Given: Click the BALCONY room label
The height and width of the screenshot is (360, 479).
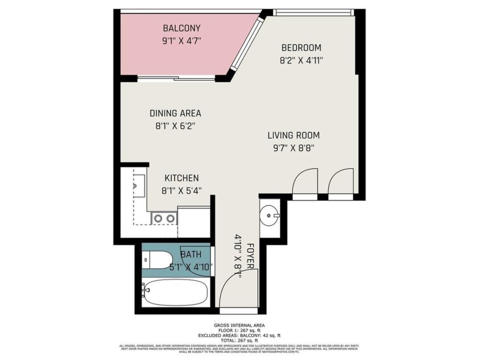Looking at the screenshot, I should [181, 28].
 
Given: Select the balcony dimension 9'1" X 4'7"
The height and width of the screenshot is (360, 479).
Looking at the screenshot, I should [181, 41].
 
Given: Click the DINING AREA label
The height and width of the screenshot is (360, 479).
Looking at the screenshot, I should [175, 113].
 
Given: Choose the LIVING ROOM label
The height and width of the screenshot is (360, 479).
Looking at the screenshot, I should [294, 135].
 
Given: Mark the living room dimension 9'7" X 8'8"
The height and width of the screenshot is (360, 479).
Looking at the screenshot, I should [294, 148].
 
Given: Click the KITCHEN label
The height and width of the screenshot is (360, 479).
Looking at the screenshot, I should [181, 178].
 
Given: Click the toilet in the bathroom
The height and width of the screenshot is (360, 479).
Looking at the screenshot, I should [156, 260].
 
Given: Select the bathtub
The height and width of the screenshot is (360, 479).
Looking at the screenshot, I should [174, 293].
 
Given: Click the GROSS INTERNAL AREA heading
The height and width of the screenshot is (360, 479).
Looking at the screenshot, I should [239, 326].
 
